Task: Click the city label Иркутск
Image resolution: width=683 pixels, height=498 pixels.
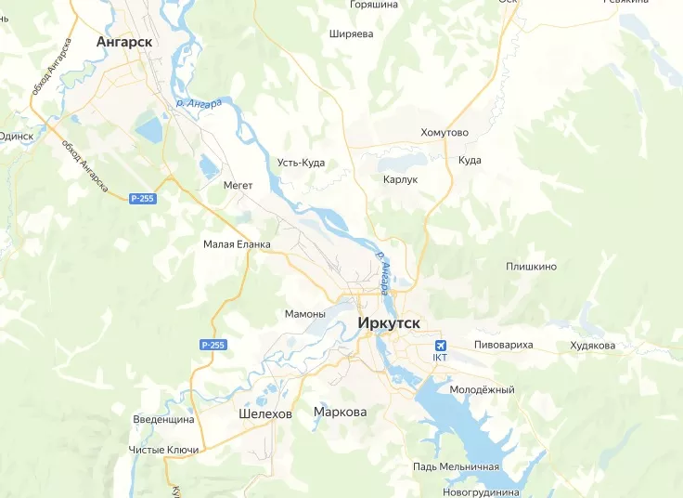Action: pyautogui.click(x=388, y=323)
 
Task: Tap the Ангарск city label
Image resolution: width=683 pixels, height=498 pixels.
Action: pyautogui.click(x=124, y=42)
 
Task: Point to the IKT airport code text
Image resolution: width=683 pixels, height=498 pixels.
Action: pyautogui.click(x=440, y=357)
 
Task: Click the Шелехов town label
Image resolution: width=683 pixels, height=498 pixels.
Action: pyautogui.click(x=264, y=413)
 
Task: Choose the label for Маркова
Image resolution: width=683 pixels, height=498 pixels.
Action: pyautogui.click(x=341, y=412)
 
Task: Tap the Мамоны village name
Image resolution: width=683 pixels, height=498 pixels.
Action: pyautogui.click(x=305, y=314)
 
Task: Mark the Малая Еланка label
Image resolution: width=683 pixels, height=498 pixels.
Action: pyautogui.click(x=237, y=244)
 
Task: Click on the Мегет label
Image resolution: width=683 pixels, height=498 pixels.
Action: pyautogui.click(x=238, y=185)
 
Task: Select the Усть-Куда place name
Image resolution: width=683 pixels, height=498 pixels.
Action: pyautogui.click(x=301, y=163)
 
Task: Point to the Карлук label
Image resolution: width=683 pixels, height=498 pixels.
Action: pyautogui.click(x=401, y=179)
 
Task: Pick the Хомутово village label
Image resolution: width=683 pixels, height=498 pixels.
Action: pyautogui.click(x=445, y=133)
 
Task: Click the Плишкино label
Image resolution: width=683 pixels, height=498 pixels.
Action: pyautogui.click(x=531, y=267)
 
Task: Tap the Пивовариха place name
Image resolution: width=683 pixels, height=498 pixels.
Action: pyautogui.click(x=504, y=345)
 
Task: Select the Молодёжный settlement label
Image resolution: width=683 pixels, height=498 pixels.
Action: pyautogui.click(x=482, y=389)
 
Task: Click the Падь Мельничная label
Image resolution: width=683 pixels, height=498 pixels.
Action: pyautogui.click(x=457, y=466)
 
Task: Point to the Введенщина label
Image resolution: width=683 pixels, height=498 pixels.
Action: pyautogui.click(x=163, y=419)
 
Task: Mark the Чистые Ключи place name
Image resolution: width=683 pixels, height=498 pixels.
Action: pyautogui.click(x=163, y=450)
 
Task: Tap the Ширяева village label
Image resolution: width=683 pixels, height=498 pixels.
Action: pyautogui.click(x=351, y=33)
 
